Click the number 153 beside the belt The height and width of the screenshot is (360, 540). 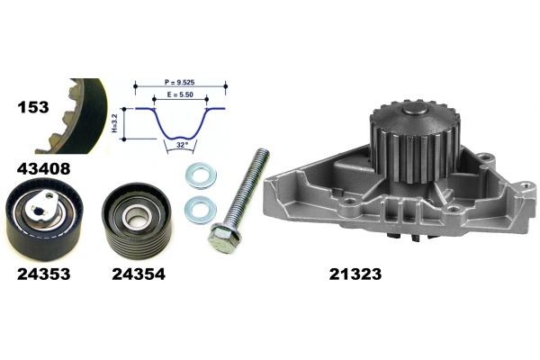click(x=33, y=107)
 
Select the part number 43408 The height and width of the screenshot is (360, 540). click(x=44, y=169)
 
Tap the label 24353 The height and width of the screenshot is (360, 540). click(x=44, y=274)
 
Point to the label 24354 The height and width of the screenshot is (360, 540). click(x=139, y=274)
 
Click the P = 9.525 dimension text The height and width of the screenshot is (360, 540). click(x=179, y=82)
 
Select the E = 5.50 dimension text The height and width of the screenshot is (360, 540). click(x=180, y=94)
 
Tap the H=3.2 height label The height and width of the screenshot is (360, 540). click(x=115, y=123)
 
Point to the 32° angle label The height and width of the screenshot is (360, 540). click(x=182, y=145)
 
